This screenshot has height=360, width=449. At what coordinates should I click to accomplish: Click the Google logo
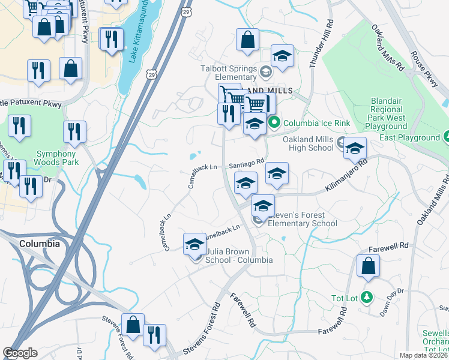20,353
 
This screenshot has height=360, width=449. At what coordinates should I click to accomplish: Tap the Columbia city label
40,244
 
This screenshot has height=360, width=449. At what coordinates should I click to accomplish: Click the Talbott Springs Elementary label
228,73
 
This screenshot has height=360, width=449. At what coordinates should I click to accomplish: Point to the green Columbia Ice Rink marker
275,124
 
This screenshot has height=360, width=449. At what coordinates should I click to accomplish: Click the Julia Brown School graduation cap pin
194,244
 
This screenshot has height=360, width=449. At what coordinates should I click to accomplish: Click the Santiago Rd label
246,163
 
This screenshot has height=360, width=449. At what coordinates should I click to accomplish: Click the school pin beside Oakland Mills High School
355,148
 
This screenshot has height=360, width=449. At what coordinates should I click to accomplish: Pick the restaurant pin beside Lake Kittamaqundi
112,39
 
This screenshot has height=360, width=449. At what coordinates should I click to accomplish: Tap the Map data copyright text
424,355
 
